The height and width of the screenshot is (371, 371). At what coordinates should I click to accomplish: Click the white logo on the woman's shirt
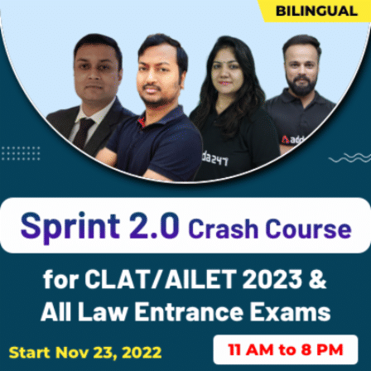(x=213, y=157)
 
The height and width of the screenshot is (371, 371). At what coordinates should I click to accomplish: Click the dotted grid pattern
(x=20, y=154)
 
